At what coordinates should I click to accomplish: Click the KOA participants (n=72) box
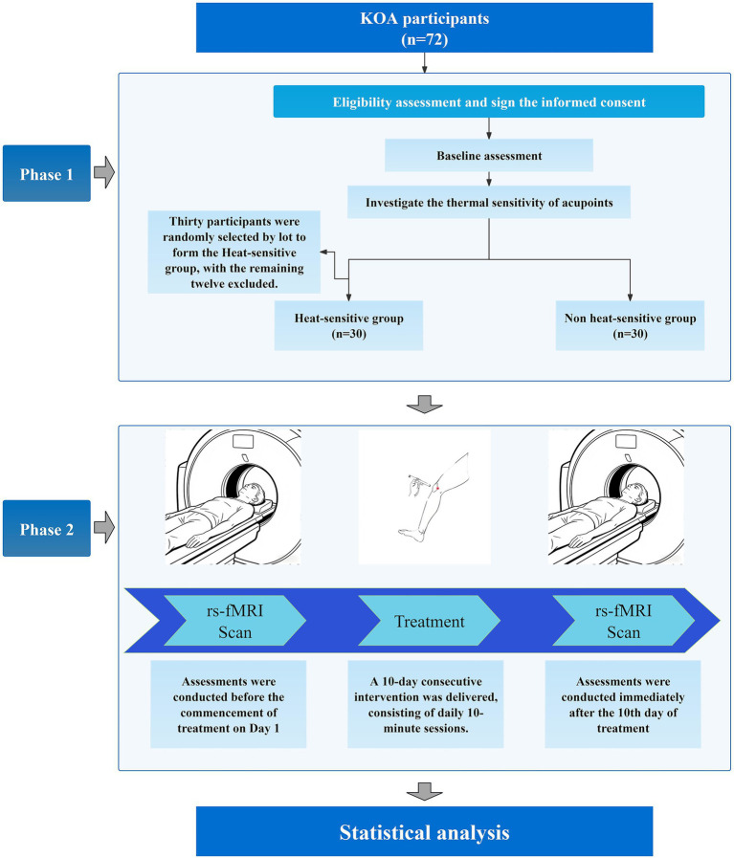coord(424,28)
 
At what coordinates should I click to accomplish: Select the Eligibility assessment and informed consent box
coord(489,101)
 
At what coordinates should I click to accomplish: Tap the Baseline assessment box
coord(489,155)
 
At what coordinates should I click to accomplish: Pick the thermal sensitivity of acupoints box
coord(489,203)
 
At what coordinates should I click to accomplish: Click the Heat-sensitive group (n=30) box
coord(348,325)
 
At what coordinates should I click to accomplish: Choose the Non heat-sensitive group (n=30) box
coord(630,325)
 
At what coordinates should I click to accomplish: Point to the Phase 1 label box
coord(47,173)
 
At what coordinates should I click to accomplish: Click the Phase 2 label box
coord(47,529)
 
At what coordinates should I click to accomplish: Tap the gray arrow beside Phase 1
coord(104,173)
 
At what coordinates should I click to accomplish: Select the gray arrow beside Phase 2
coord(104,528)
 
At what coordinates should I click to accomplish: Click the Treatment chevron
coord(429,621)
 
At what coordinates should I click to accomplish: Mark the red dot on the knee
coord(438,488)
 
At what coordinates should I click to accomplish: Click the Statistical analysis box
coord(424,831)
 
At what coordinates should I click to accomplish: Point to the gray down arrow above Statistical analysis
coord(424,791)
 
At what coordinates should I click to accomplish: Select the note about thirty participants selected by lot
coord(234,253)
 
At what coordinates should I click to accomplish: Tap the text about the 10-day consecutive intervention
coord(425,704)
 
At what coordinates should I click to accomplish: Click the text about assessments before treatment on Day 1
coord(229,704)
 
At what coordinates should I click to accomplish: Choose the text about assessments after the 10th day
coord(623,704)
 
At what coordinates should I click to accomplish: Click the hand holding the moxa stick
coord(417,485)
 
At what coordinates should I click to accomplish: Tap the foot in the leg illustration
coord(411,534)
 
